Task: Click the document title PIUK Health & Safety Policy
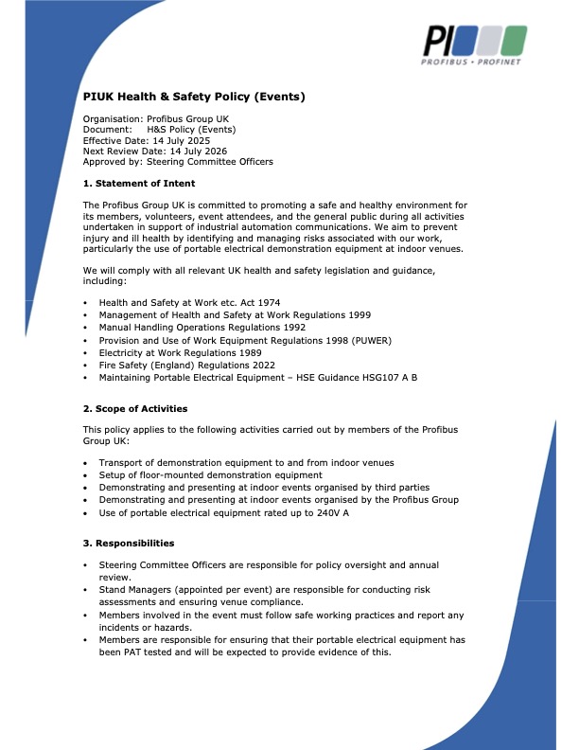tap(194, 96)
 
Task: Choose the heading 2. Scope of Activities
tap(135, 408)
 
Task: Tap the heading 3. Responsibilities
tap(129, 544)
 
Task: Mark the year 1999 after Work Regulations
tap(355, 315)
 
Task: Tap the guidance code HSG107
tap(371, 377)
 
